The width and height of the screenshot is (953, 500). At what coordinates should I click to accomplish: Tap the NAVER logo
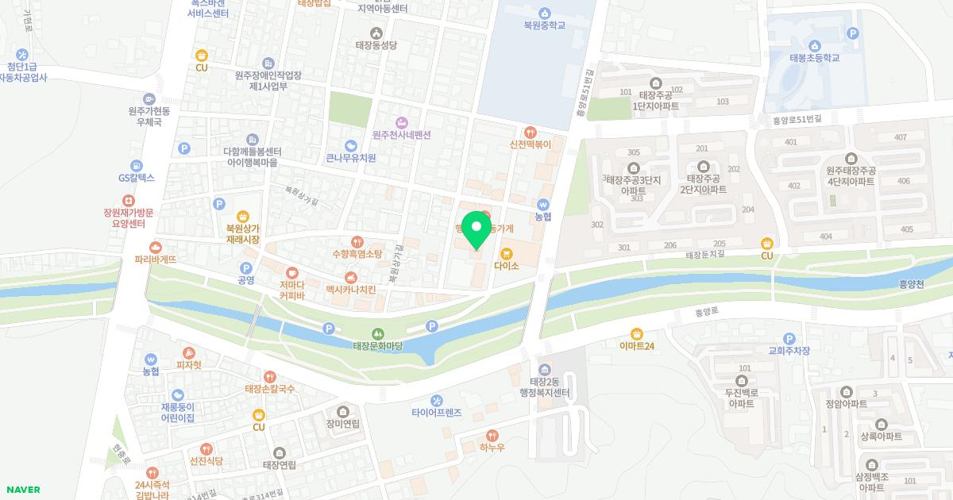(21, 490)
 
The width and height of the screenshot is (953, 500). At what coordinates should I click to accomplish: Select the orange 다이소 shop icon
(506, 253)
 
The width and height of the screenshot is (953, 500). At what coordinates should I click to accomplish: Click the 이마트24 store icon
(637, 333)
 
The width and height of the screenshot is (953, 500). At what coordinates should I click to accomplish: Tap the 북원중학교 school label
(544, 25)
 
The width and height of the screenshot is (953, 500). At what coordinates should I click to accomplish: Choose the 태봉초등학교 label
(814, 58)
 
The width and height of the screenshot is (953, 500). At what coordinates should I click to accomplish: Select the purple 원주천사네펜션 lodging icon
(401, 122)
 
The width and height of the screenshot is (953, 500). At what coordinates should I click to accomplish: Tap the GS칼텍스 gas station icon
(137, 166)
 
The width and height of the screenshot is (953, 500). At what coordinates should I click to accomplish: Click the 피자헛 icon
(188, 353)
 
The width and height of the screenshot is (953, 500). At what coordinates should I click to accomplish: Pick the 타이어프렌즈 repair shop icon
(436, 400)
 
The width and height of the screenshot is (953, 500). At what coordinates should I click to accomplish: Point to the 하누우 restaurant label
(492, 448)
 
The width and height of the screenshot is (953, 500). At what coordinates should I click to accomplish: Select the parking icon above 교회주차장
(789, 338)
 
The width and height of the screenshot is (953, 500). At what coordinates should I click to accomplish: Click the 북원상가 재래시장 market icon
(243, 216)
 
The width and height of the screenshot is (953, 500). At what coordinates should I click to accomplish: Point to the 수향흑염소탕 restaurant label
(357, 254)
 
